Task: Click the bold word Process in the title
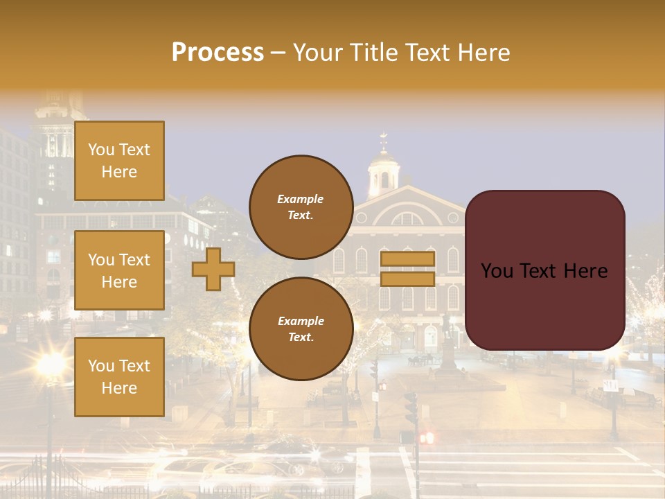pos(218,53)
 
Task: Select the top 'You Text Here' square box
pos(119,161)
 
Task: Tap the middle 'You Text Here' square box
pos(119,270)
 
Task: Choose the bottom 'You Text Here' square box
pos(119,376)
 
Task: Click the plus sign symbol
pos(213,269)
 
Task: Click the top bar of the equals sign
pos(407,259)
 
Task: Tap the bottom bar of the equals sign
pos(407,279)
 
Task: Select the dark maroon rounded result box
pos(544,270)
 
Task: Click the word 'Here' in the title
pos(484,53)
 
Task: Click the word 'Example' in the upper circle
pos(301,199)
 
